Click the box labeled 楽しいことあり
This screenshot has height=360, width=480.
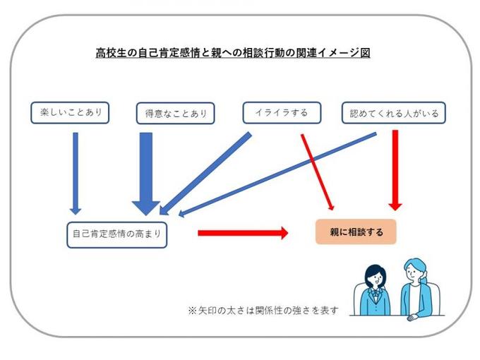click(x=70, y=112)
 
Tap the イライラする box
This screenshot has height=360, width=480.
click(x=280, y=112)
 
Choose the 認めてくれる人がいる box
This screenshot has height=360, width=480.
click(x=394, y=113)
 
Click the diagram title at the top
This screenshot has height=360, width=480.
click(x=233, y=53)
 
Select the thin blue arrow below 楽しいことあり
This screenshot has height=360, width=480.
click(x=76, y=169)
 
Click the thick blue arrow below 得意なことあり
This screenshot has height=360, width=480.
click(x=146, y=169)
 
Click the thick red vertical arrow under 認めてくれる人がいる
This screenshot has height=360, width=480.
click(x=395, y=169)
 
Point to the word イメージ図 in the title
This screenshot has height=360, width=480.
click(x=342, y=53)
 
